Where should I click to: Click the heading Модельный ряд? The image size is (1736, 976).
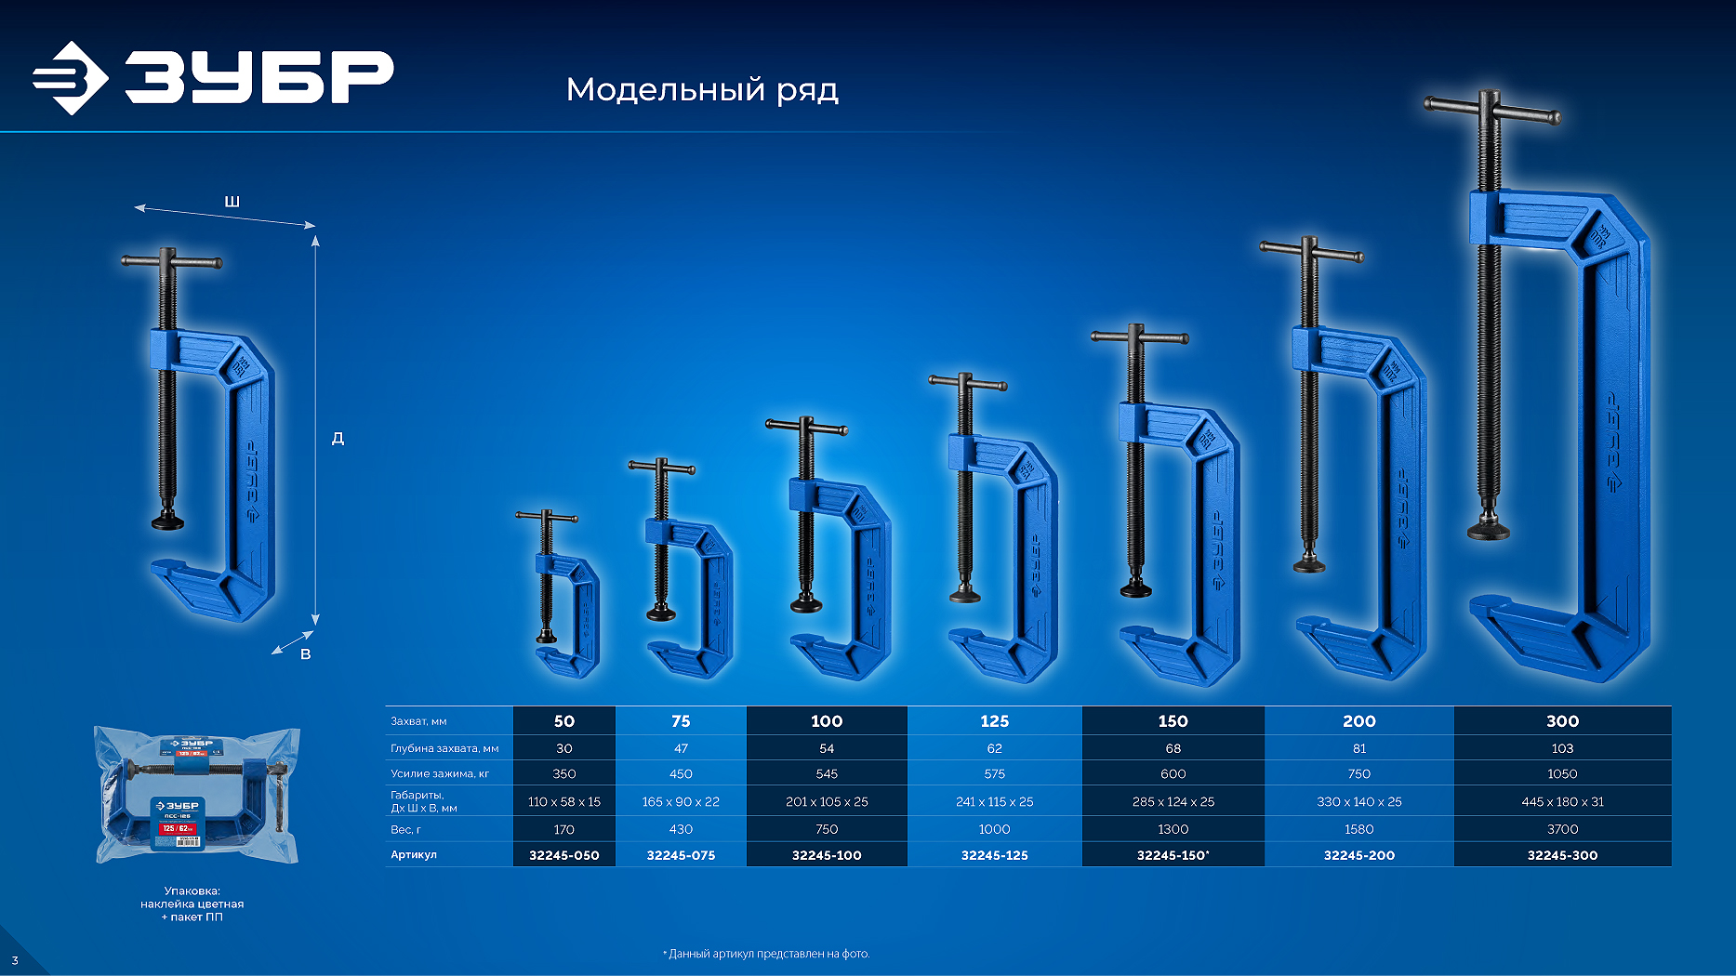point(702,90)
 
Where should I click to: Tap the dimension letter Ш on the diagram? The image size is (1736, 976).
point(232,202)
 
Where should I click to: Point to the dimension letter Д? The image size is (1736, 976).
point(338,438)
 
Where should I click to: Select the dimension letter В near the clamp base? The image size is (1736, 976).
point(305,654)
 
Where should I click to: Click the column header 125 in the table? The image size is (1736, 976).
point(994,721)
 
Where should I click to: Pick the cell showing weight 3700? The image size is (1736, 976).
point(1562,829)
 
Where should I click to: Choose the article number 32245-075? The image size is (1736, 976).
point(681,855)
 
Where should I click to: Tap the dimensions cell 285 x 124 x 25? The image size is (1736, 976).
point(1173,801)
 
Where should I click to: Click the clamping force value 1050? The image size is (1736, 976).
point(1562,773)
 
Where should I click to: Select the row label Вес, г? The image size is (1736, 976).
point(405,829)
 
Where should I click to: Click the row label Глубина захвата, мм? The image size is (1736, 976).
point(444,748)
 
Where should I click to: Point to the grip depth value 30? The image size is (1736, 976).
point(563,748)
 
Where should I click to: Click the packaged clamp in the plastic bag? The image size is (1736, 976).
point(196,795)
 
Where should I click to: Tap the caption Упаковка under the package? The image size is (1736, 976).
point(192,890)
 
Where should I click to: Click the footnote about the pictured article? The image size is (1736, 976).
point(766,954)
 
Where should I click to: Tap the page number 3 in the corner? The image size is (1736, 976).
point(15,960)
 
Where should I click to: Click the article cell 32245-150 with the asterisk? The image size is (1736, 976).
point(1173,855)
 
